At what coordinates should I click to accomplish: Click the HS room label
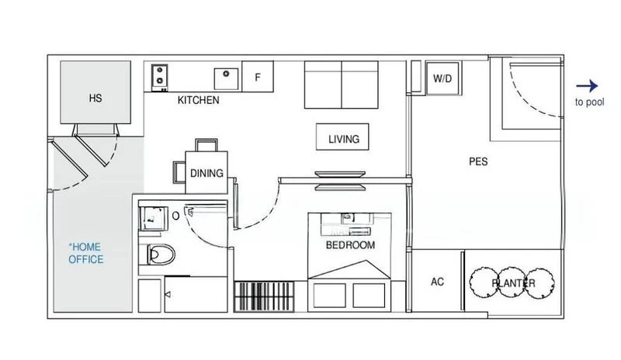pos(95,99)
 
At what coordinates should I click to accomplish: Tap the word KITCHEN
pos(199,100)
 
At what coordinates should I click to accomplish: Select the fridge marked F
pos(258,77)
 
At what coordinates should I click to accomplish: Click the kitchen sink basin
pos(226,79)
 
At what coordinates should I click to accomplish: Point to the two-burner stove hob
pos(160,78)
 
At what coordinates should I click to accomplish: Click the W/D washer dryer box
pos(442,78)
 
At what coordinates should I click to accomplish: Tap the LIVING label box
pos(342,137)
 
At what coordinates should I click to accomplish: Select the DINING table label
pos(206,173)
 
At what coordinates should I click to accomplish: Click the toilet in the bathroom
pos(161,254)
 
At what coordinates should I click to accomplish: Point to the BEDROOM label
pos(351,245)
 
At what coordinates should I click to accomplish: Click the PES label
pos(478,161)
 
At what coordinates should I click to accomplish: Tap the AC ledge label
pos(437,282)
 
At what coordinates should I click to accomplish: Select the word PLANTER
pos(513,283)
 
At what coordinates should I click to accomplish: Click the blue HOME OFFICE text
pos(86,253)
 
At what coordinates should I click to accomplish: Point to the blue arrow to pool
pos(587,86)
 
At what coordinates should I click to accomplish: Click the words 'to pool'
pos(590,102)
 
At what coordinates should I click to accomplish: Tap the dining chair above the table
pos(206,145)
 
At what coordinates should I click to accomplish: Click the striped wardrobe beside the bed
pos(264,296)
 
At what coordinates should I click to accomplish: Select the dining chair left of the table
pos(179,172)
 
